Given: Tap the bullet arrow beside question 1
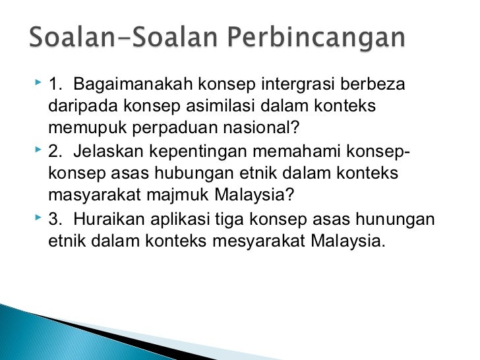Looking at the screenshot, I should tap(36, 85).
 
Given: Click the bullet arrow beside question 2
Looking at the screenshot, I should tap(36, 152).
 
